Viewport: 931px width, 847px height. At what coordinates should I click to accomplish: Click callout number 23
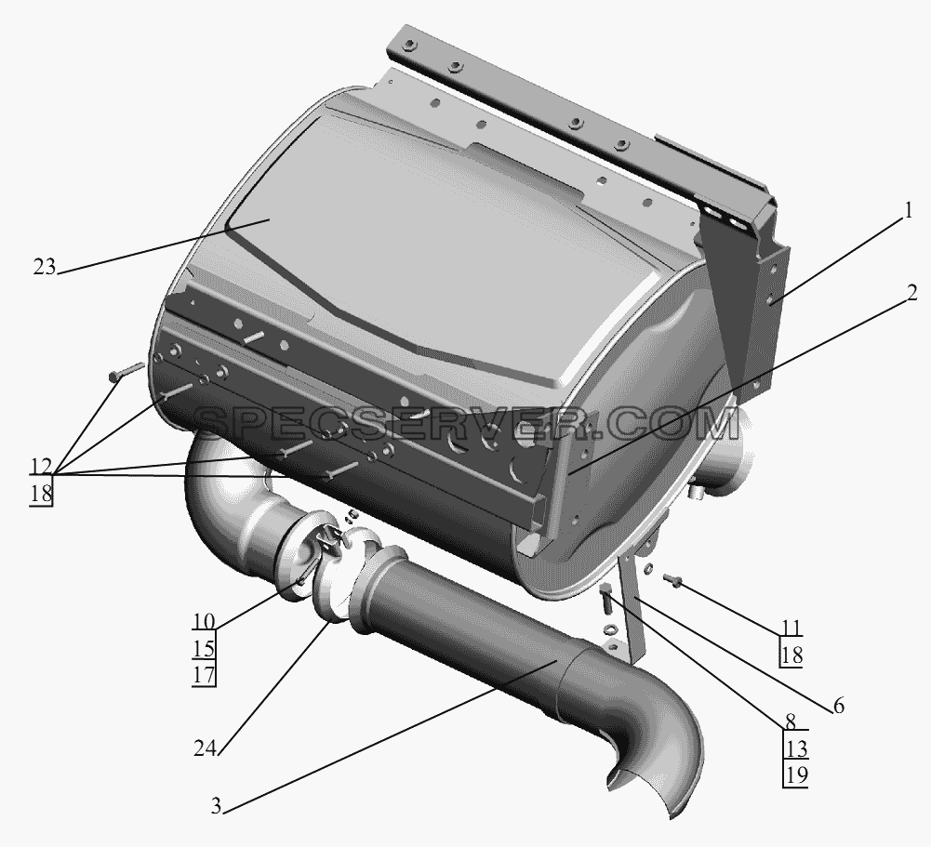(44, 268)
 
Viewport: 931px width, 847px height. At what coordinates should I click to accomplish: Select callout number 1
(907, 211)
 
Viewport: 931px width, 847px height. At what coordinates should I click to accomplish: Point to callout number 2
(911, 293)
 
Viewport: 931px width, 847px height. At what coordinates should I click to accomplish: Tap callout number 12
(40, 467)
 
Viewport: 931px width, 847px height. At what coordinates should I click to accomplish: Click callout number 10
(203, 621)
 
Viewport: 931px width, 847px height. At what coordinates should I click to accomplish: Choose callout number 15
(203, 648)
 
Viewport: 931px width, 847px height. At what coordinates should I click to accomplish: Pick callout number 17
(203, 675)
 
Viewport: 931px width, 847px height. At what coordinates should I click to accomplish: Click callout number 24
(205, 748)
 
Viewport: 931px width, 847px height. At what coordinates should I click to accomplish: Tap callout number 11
(791, 628)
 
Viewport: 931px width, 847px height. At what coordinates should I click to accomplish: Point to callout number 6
(838, 706)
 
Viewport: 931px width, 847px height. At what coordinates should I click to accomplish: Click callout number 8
(791, 722)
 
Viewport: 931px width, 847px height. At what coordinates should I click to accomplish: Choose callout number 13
(796, 749)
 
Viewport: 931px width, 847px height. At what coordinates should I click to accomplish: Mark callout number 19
(796, 775)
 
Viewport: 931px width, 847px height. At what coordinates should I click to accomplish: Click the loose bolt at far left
(126, 371)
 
